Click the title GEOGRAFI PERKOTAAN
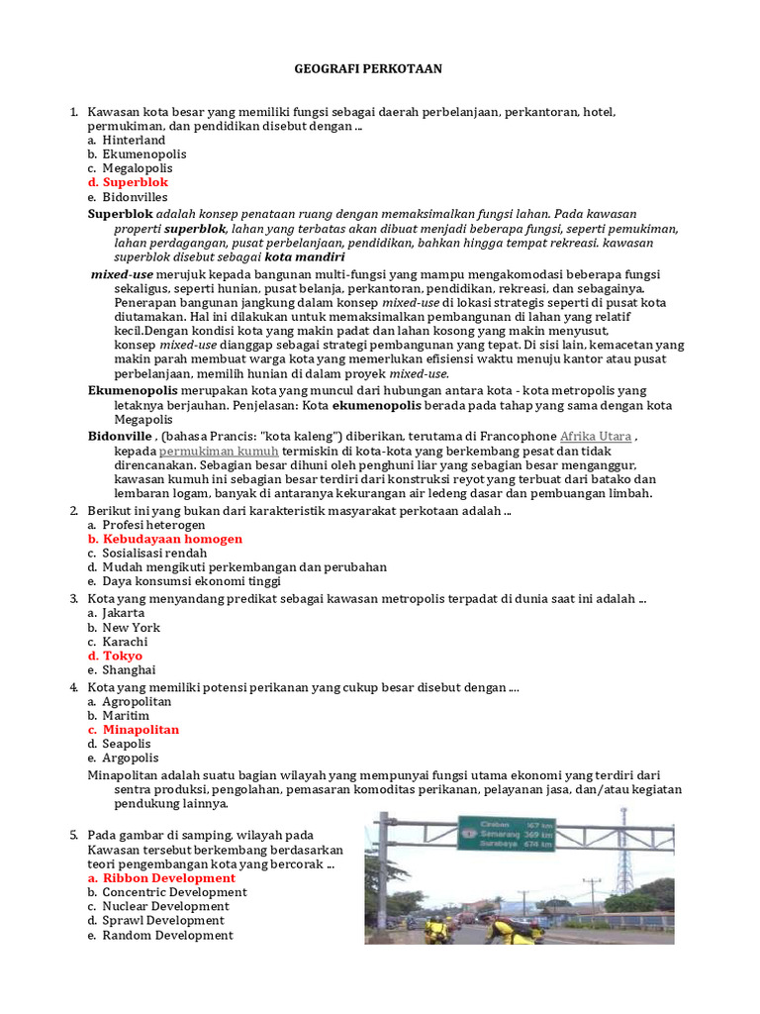pos(368,68)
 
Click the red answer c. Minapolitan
pos(141,730)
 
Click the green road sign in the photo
pos(506,835)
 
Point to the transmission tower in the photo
pos(624,852)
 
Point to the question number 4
pos(73,686)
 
